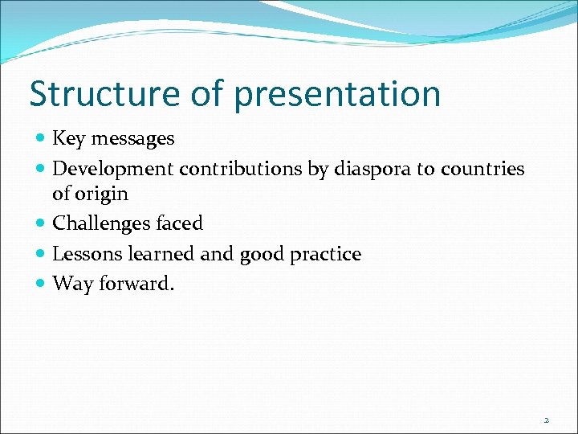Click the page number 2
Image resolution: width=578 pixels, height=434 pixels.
546,420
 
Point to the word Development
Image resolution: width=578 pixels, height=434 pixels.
113,170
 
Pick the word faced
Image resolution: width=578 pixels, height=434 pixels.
177,223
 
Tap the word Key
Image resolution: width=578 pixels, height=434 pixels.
68,139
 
